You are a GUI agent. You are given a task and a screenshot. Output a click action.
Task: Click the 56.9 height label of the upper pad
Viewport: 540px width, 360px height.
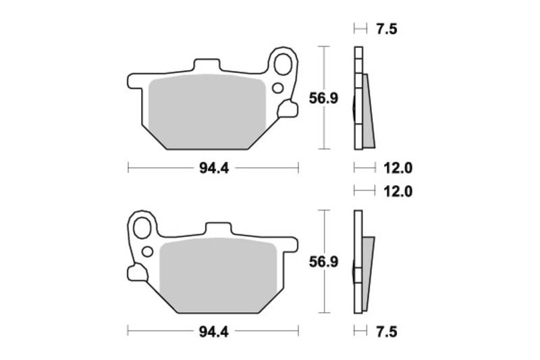(323, 99)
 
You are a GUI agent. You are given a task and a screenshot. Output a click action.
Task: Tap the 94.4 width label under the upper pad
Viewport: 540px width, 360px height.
(213, 168)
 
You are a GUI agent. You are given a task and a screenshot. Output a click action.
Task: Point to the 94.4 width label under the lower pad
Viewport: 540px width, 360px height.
(213, 331)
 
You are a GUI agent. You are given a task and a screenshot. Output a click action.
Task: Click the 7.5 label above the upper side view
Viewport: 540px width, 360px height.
(385, 28)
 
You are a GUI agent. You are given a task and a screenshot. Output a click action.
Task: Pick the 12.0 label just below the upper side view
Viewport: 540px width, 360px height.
(398, 168)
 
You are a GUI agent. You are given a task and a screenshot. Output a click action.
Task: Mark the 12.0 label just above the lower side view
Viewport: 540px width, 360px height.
(398, 191)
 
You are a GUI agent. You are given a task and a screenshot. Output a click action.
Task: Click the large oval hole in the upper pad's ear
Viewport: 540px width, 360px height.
(284, 65)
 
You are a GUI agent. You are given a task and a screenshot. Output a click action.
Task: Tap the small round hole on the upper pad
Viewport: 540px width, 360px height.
(277, 87)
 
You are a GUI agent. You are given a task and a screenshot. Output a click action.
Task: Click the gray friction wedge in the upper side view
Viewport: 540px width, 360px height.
(368, 118)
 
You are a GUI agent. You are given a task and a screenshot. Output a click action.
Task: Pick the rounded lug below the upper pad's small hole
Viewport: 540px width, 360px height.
(288, 107)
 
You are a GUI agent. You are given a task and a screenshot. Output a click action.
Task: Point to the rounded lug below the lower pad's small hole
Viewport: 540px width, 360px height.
(137, 272)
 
